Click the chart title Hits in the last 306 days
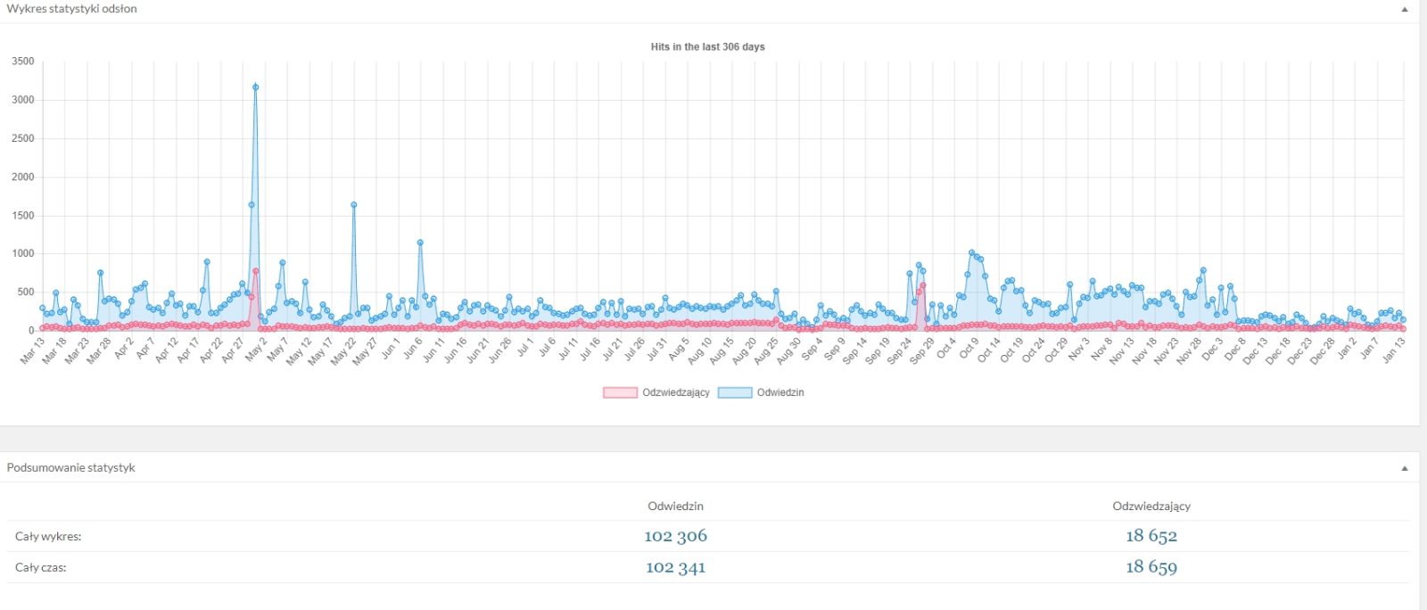tap(707, 47)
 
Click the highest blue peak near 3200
tap(255, 87)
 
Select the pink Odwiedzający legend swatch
tap(620, 392)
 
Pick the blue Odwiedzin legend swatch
tap(735, 392)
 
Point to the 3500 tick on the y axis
tap(23, 62)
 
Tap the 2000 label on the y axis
tap(23, 177)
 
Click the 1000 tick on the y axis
tap(23, 253)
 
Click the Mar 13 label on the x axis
tap(33, 350)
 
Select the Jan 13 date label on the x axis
tap(1394, 350)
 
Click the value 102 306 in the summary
tap(675, 536)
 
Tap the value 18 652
tap(1151, 536)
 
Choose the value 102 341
tap(675, 567)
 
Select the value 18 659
tap(1151, 567)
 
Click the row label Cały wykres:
tap(48, 537)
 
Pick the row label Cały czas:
tap(41, 568)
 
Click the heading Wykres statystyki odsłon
tap(72, 9)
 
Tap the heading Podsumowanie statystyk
tap(70, 468)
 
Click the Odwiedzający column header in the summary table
tap(1151, 507)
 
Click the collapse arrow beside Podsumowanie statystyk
tap(1404, 468)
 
